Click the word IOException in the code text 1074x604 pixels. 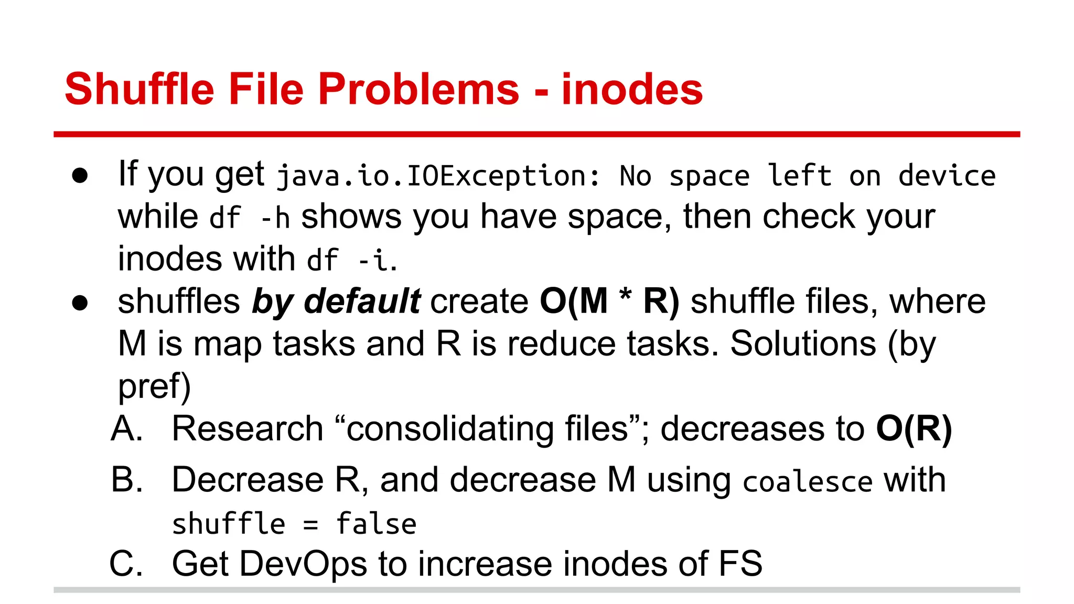click(496, 176)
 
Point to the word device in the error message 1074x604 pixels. click(947, 176)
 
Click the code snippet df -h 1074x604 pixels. click(250, 218)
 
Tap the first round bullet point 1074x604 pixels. click(80, 176)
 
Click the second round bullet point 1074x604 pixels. click(80, 303)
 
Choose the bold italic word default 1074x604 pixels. click(362, 302)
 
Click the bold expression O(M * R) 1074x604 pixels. click(609, 302)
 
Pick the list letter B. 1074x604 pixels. click(126, 480)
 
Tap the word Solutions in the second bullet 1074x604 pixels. click(803, 344)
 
